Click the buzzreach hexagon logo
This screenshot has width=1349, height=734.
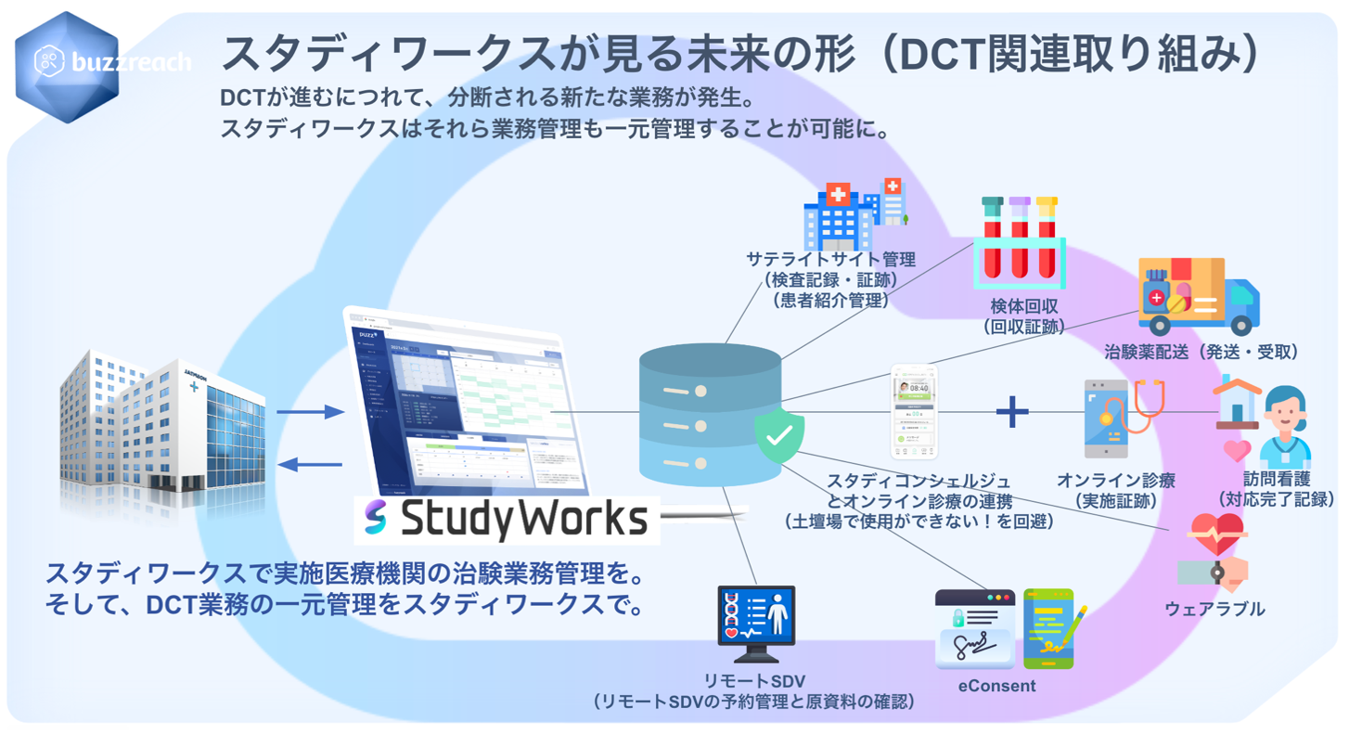[67, 66]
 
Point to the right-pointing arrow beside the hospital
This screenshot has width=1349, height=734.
[310, 412]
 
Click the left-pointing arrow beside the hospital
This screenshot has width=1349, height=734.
[310, 464]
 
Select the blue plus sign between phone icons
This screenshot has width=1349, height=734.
[1012, 411]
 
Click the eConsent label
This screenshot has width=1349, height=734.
[997, 687]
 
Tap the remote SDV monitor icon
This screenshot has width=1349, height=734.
[756, 617]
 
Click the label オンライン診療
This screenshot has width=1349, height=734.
[1116, 481]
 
